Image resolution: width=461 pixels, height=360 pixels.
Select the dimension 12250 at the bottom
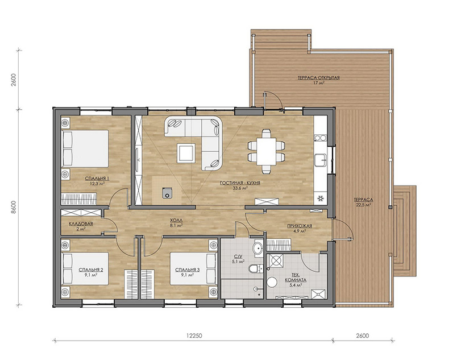click(x=194, y=336)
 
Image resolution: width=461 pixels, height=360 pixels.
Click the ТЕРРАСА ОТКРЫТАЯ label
click(x=319, y=78)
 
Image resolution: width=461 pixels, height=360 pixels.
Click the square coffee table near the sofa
click(x=186, y=152)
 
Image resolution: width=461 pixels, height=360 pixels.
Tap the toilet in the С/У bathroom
click(x=254, y=268)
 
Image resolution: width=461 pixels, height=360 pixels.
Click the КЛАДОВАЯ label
click(x=81, y=224)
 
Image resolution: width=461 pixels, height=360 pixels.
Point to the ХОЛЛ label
click(x=176, y=220)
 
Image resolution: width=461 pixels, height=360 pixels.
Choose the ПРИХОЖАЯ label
click(x=300, y=226)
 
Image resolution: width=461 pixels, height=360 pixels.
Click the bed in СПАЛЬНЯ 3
click(x=193, y=269)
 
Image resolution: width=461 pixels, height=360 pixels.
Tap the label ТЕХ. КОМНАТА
click(x=296, y=278)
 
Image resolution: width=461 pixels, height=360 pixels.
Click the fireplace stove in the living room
click(x=167, y=193)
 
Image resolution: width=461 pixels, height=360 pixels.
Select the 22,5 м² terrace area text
click(x=363, y=205)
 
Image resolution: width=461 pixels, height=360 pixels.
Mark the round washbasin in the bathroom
click(x=258, y=248)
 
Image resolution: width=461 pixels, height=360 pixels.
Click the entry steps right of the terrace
click(x=405, y=231)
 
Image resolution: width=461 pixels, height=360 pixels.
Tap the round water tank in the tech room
click(x=272, y=282)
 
